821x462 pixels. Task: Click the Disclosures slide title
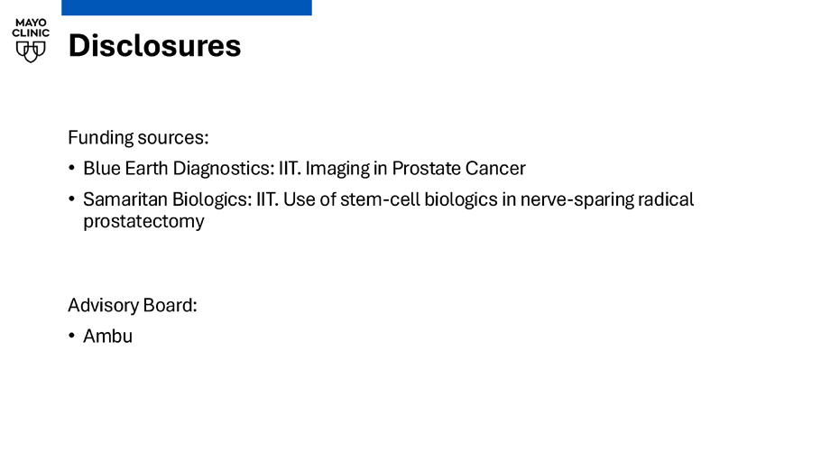[x=154, y=46]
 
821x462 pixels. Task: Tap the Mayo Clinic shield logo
[x=31, y=51]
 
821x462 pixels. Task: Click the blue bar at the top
[x=187, y=7]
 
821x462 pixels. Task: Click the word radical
[x=666, y=199]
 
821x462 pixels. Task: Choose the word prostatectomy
[x=143, y=222]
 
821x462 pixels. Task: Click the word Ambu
[x=108, y=337]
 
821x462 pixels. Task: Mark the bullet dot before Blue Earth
[x=72, y=168]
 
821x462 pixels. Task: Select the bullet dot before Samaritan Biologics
[x=72, y=199]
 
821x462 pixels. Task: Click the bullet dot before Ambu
[x=72, y=336]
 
